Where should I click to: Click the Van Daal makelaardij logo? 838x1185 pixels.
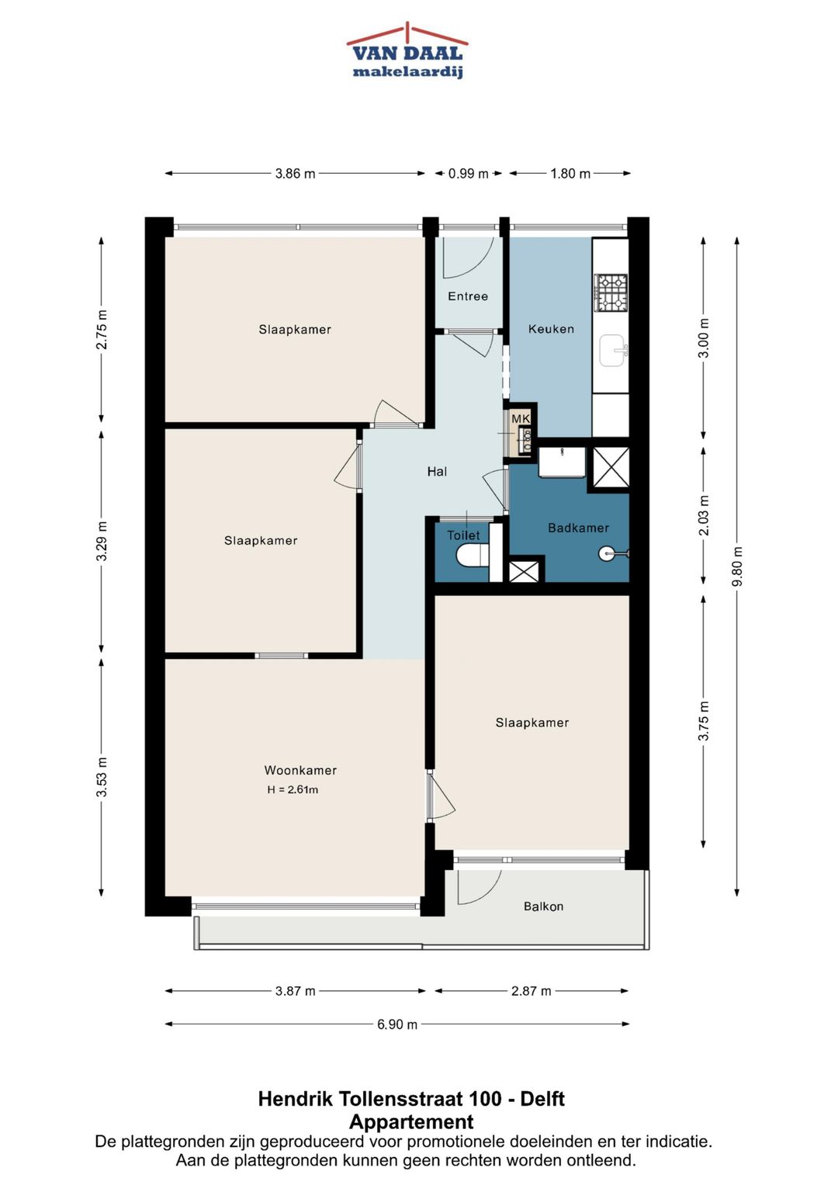[407, 50]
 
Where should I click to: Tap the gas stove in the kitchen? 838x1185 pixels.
[611, 293]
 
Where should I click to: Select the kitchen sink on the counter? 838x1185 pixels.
[613, 350]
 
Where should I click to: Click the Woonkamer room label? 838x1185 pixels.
[300, 771]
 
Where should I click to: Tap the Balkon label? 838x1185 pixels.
[543, 906]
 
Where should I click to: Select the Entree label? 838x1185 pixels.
[468, 296]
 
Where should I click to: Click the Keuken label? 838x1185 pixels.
[551, 329]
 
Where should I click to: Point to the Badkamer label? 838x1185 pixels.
[578, 528]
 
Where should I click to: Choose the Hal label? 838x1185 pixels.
[437, 471]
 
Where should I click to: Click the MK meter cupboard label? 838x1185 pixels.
[521, 419]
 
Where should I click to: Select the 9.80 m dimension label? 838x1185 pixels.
[738, 566]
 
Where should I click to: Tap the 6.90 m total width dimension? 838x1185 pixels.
[396, 1024]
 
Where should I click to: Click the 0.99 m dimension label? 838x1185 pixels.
[468, 174]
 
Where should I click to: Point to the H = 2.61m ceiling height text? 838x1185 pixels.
[293, 790]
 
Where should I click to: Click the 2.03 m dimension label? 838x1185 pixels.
[704, 516]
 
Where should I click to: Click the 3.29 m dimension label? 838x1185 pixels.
[102, 541]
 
